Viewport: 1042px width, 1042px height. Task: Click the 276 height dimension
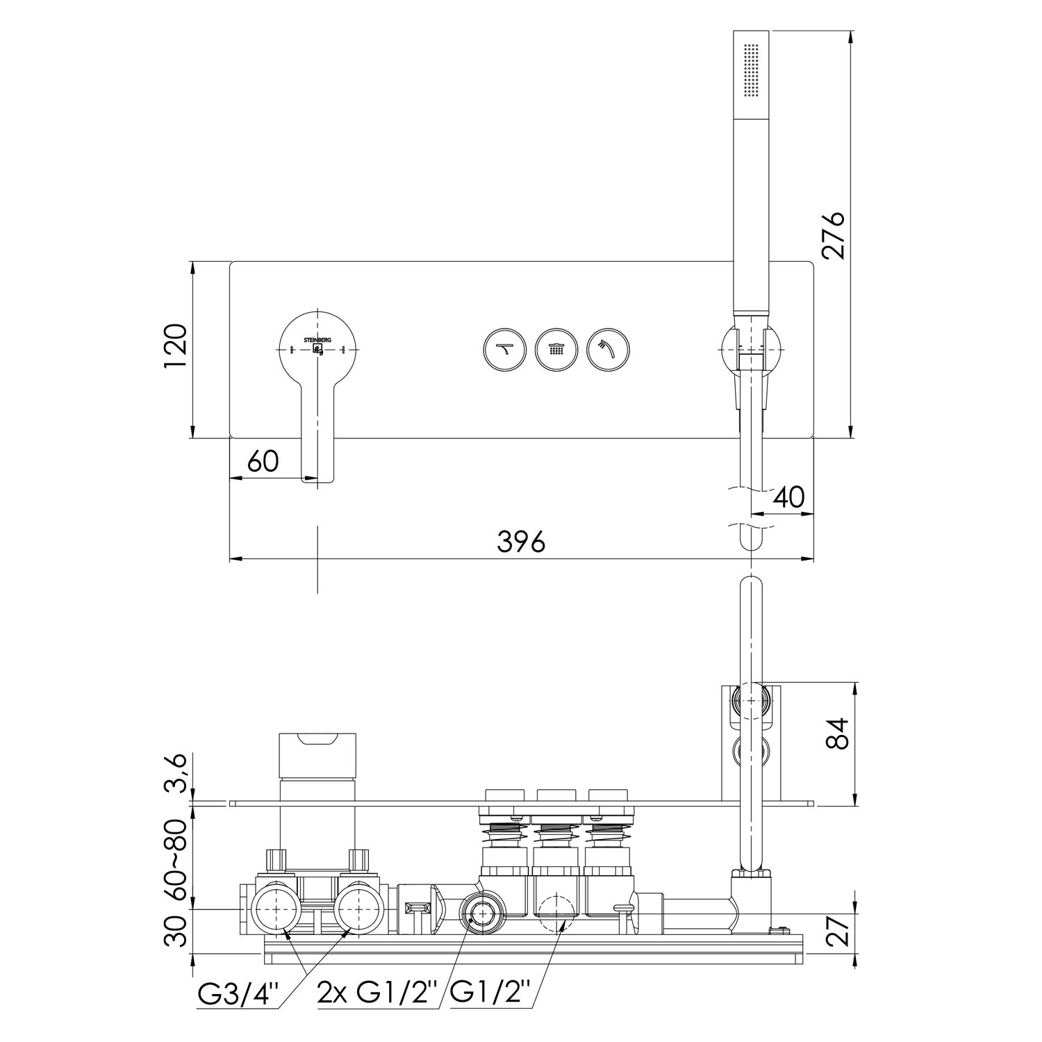click(x=832, y=234)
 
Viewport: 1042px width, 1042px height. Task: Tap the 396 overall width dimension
click(x=521, y=542)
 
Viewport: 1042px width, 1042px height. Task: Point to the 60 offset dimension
click(x=263, y=461)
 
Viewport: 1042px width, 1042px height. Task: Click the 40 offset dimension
click(x=788, y=497)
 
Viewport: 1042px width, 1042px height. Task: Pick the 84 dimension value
click(x=839, y=734)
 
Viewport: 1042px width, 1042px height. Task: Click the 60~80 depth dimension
click(x=177, y=859)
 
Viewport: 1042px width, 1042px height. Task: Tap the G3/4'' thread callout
click(x=238, y=995)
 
